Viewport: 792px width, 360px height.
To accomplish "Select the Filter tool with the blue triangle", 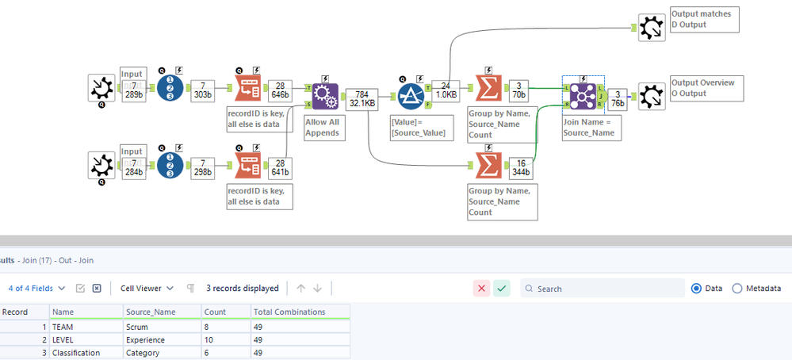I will point(411,95).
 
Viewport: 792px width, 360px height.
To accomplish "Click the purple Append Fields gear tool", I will point(325,96).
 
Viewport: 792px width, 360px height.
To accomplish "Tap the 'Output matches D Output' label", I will point(704,19).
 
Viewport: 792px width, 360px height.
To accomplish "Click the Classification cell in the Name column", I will point(76,353).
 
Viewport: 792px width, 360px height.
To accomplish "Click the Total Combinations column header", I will point(290,312).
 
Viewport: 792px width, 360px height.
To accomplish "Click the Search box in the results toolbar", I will point(606,289).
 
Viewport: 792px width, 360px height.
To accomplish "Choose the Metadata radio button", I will point(737,289).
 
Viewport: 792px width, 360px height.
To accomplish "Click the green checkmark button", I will point(501,289).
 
